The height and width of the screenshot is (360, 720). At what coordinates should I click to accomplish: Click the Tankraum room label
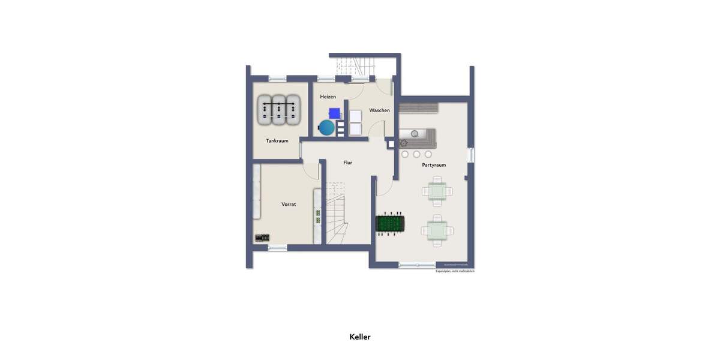(x=277, y=141)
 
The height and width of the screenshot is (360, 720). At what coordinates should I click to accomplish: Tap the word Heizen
(x=328, y=97)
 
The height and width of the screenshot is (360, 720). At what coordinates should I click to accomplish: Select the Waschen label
(x=379, y=110)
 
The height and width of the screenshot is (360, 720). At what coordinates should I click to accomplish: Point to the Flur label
(x=347, y=163)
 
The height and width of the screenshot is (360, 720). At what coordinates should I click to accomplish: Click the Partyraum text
(x=434, y=165)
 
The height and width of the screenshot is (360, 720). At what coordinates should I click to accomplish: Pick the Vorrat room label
(x=289, y=205)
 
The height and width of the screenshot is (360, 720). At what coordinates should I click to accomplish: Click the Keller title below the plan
(x=360, y=337)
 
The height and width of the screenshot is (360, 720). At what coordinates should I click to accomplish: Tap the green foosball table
(x=389, y=224)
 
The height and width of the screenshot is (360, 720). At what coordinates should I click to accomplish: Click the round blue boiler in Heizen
(x=327, y=127)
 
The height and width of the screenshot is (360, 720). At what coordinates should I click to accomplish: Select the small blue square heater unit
(x=334, y=112)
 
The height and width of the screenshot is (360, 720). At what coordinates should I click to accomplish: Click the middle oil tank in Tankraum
(x=278, y=110)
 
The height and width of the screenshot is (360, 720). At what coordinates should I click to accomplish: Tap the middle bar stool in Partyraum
(x=416, y=154)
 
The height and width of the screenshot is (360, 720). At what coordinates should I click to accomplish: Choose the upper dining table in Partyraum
(x=437, y=191)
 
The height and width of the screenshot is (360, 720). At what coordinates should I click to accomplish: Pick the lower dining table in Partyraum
(x=437, y=229)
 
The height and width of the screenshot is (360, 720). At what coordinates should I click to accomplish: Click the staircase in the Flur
(x=336, y=216)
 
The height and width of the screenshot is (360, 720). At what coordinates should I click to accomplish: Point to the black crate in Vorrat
(x=262, y=238)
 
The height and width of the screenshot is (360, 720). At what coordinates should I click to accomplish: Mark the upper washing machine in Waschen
(x=356, y=116)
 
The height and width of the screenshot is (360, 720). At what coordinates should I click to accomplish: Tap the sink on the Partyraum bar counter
(x=415, y=133)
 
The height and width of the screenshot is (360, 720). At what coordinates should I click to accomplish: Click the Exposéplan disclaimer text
(x=455, y=271)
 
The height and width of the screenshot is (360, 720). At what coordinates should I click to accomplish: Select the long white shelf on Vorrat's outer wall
(x=257, y=192)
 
